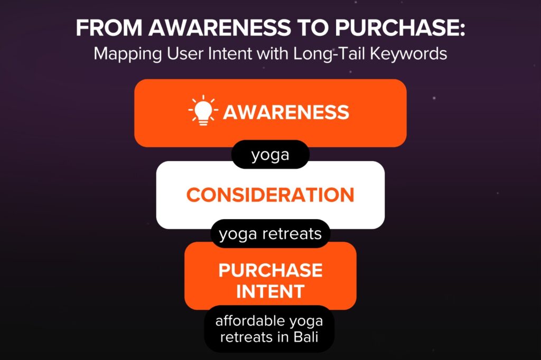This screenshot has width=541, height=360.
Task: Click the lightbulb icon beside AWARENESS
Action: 203,110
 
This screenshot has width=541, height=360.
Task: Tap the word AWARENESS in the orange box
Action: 286,112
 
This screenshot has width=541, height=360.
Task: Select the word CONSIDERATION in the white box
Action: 270,195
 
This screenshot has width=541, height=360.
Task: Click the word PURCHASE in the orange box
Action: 270,270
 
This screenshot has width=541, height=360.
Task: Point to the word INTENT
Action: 270,291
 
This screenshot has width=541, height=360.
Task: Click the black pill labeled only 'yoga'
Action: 270,155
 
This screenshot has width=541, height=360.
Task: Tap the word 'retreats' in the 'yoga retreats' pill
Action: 292,234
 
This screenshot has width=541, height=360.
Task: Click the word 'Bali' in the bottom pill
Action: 306,337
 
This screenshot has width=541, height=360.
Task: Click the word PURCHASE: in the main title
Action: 400,27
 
